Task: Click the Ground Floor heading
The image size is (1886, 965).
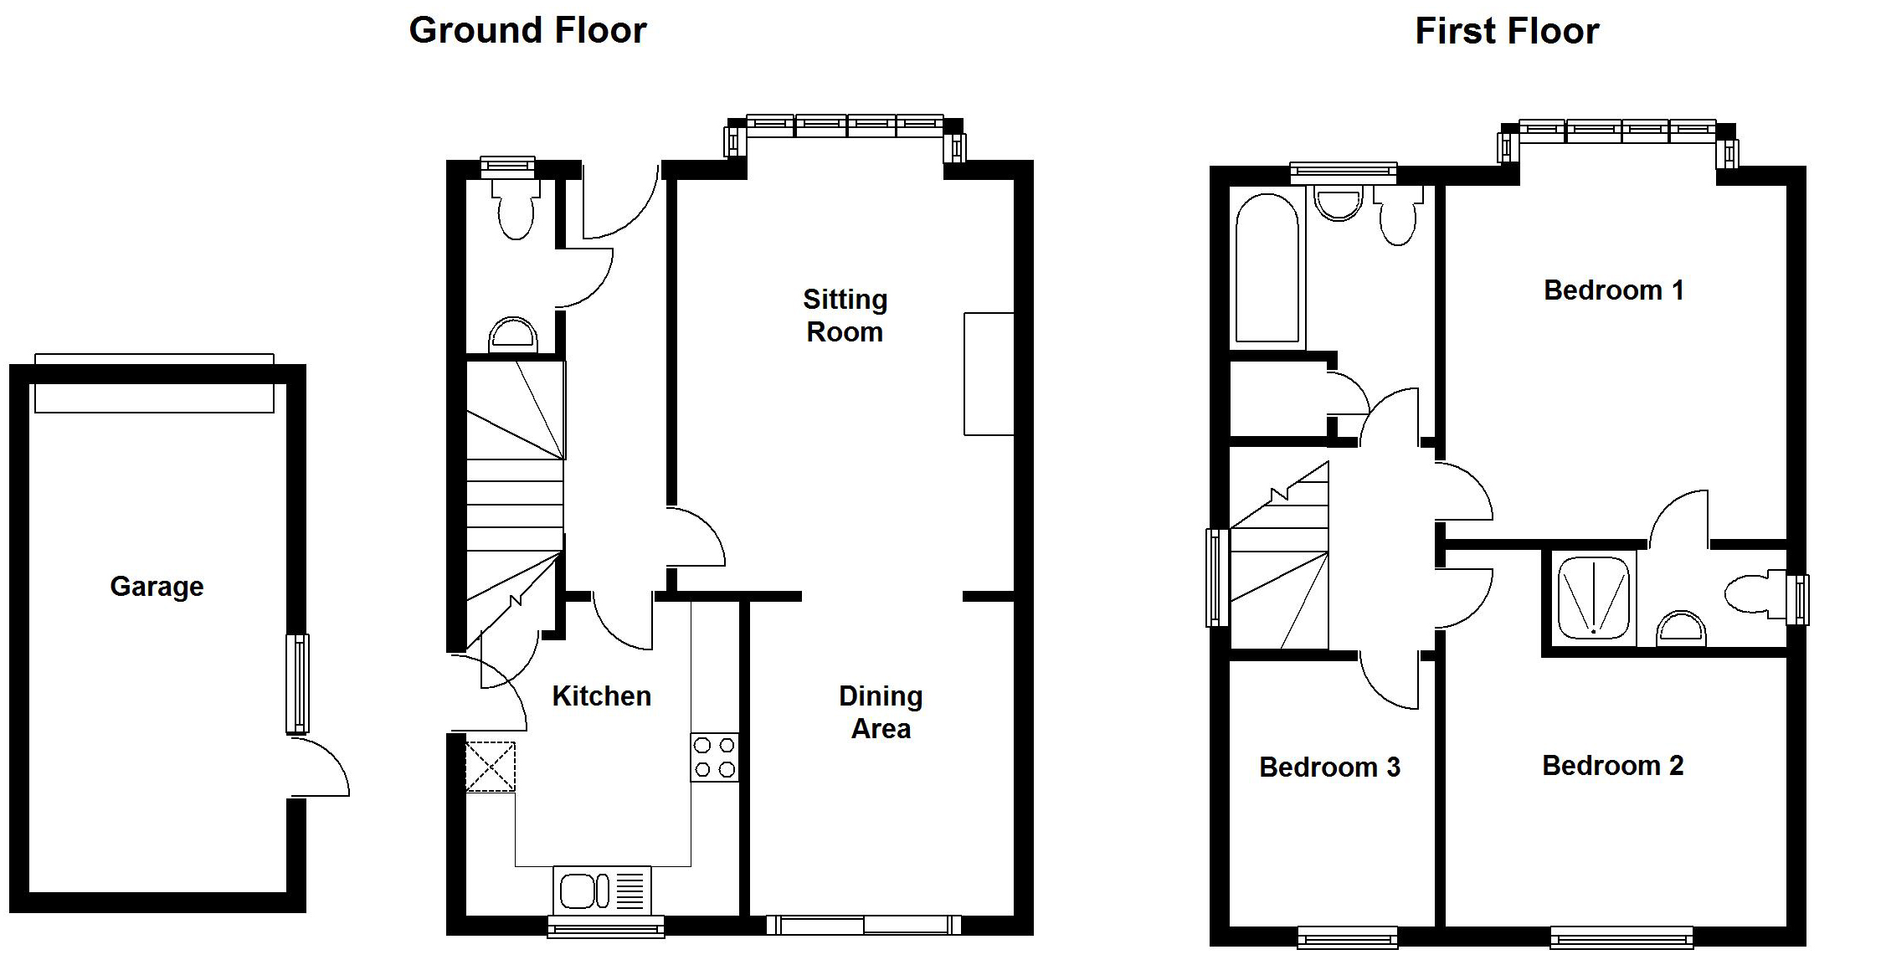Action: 527,31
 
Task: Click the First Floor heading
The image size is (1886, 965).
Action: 1507,32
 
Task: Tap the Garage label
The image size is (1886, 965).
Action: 157,586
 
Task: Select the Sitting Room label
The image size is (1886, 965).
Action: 845,316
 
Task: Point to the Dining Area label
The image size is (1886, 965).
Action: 881,711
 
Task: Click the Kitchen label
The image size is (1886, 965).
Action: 601,696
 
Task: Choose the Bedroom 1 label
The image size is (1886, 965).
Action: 1613,290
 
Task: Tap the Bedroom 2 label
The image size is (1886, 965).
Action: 1612,765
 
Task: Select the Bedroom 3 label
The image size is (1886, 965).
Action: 1329,767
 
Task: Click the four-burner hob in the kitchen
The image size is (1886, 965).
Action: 715,757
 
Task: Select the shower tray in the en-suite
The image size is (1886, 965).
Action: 1593,598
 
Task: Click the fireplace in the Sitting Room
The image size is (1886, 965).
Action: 989,374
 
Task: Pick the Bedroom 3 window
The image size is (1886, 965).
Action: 1347,937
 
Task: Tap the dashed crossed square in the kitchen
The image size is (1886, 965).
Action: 491,767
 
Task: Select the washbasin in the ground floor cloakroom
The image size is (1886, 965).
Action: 512,335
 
